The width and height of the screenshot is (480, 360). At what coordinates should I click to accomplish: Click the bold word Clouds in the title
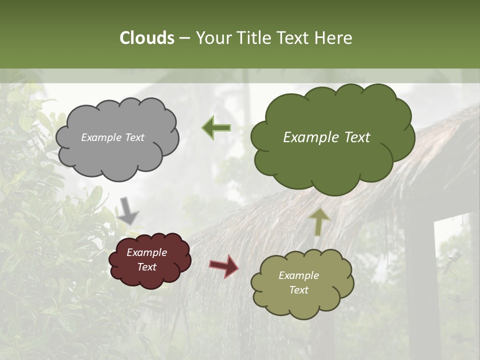click(146, 38)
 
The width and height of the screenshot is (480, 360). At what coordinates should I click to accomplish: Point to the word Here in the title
click(334, 38)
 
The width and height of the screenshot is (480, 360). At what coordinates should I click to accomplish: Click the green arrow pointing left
click(216, 127)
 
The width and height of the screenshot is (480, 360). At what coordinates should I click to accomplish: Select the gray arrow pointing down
click(128, 210)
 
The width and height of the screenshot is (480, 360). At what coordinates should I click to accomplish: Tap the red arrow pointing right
click(223, 265)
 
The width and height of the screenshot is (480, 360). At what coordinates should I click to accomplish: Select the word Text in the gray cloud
click(134, 137)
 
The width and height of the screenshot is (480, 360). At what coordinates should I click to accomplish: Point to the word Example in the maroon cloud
click(147, 252)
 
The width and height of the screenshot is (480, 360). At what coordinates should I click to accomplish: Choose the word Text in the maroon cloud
click(147, 267)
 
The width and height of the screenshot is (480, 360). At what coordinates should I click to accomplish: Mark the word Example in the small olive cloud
click(298, 275)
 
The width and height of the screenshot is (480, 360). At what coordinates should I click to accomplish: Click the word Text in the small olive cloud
click(298, 290)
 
